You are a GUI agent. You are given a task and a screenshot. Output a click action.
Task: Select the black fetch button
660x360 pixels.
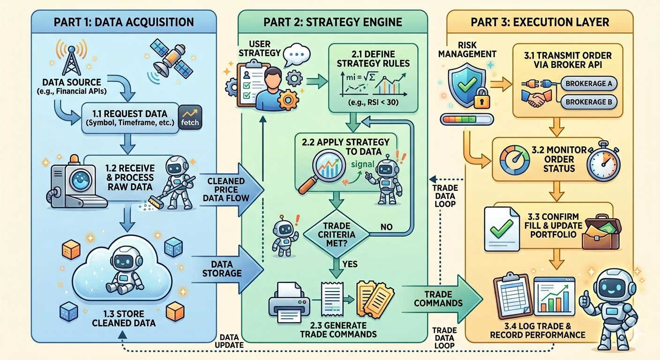tap(189, 118)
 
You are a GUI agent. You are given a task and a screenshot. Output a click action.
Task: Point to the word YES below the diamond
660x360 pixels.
tap(350, 264)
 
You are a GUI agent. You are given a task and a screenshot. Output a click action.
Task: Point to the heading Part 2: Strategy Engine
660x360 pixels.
tap(333, 22)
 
